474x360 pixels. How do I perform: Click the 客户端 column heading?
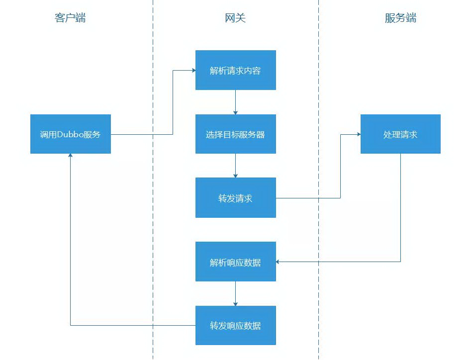(x=70, y=18)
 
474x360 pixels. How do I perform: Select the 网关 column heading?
(x=235, y=18)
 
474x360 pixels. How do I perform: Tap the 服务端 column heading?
(x=400, y=18)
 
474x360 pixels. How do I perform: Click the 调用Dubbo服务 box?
(x=70, y=134)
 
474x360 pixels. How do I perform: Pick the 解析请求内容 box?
(x=235, y=71)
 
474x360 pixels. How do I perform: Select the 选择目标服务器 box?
(x=235, y=134)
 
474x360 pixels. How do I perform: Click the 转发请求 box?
(x=235, y=198)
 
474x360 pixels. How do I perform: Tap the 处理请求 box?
(x=400, y=134)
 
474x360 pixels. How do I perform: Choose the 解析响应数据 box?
(x=235, y=262)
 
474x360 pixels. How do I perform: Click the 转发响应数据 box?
(x=235, y=326)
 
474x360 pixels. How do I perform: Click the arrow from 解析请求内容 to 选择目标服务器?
(x=235, y=102)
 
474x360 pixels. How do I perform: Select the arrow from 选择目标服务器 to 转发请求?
(x=235, y=166)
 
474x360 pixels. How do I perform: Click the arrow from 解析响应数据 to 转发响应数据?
(x=235, y=294)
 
